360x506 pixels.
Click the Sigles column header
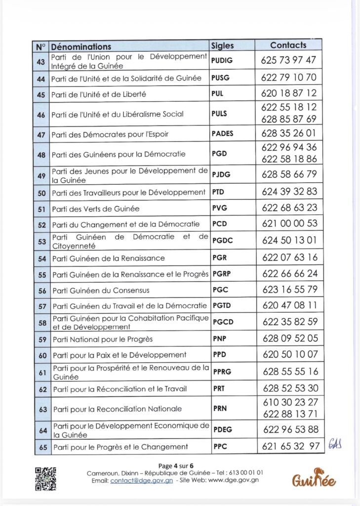click(x=223, y=45)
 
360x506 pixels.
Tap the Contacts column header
click(x=288, y=45)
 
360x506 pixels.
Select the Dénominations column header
click(x=81, y=46)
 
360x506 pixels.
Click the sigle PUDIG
click(x=221, y=61)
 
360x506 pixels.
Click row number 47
click(x=41, y=134)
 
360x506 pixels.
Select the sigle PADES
click(x=222, y=133)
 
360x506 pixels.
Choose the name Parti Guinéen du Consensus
click(x=101, y=290)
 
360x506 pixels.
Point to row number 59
click(x=42, y=339)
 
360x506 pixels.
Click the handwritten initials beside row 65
click(x=335, y=445)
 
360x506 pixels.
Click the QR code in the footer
click(x=45, y=478)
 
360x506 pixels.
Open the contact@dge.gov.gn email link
click(x=141, y=480)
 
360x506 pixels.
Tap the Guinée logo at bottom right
click(x=314, y=478)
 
